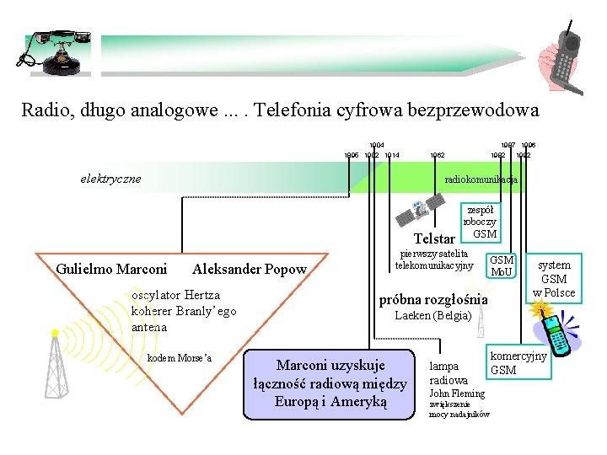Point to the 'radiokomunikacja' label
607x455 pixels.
pyautogui.click(x=481, y=179)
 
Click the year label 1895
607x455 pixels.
pyautogui.click(x=351, y=155)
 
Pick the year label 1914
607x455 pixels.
pyautogui.click(x=391, y=155)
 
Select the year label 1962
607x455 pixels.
pyautogui.click(x=438, y=155)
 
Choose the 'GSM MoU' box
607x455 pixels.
pyautogui.click(x=502, y=266)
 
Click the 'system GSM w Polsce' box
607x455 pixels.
pyautogui.click(x=554, y=278)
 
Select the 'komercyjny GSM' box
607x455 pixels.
pyautogui.click(x=518, y=363)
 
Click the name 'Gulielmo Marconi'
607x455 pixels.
pyautogui.click(x=111, y=270)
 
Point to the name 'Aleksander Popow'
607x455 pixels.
pyautogui.click(x=250, y=270)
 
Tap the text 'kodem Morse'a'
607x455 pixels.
pyautogui.click(x=180, y=359)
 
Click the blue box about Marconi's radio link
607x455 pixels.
pyautogui.click(x=330, y=383)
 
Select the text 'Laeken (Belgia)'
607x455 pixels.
pyautogui.click(x=432, y=316)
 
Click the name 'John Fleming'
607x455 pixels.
pyautogui.click(x=457, y=393)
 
